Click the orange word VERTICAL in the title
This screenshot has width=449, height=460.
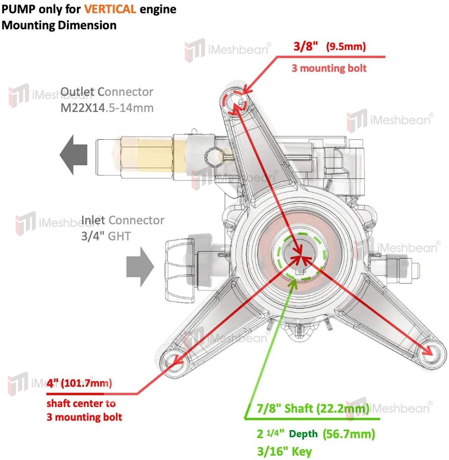[110, 9]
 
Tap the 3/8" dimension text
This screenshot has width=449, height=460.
[305, 46]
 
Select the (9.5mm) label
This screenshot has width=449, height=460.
[346, 47]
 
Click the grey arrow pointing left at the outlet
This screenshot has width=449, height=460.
[74, 155]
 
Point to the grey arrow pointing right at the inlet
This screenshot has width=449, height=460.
[140, 267]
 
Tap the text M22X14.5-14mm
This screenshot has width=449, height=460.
[107, 108]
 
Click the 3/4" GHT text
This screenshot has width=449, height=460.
[106, 236]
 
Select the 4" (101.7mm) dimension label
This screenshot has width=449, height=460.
[79, 383]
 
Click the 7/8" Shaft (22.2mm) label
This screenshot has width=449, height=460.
[313, 408]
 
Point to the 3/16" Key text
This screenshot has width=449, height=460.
[284, 451]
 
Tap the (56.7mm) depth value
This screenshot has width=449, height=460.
[349, 434]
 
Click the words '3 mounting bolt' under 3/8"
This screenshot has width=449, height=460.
[329, 68]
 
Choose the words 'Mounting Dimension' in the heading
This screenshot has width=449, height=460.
[59, 25]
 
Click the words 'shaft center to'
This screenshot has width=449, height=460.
[81, 403]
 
